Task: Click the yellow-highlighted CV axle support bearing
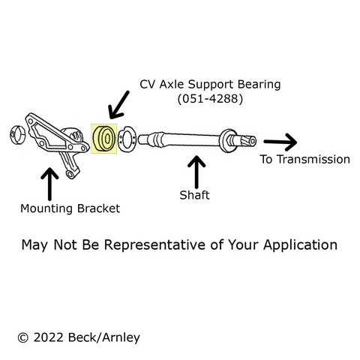103,139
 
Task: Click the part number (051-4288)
210,99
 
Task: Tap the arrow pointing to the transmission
280,142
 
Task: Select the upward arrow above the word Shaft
196,172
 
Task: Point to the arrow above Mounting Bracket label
49,184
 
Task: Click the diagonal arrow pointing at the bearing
118,105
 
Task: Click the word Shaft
194,195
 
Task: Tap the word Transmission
313,160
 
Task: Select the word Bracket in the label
98,208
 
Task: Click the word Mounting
47,209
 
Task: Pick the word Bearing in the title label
259,85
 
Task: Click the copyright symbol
23,338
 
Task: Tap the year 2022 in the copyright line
49,337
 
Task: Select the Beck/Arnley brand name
103,337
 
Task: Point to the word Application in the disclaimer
300,245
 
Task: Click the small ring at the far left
17,135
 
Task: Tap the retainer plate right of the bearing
127,139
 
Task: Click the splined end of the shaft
247,141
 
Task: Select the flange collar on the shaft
227,141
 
